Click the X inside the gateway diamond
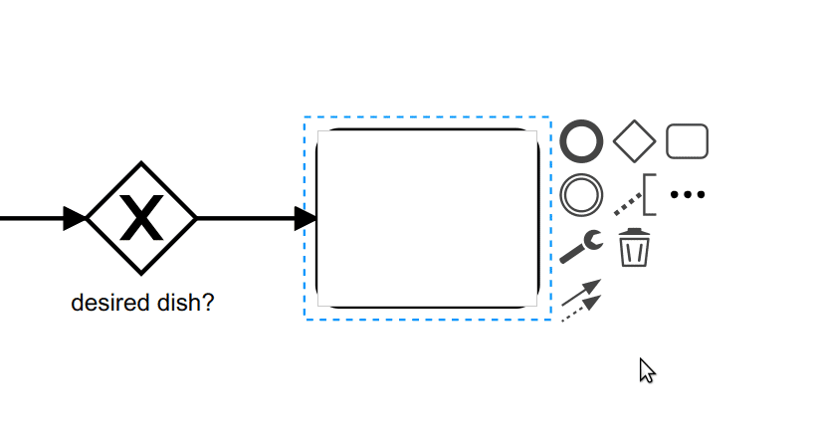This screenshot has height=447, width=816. tap(141, 219)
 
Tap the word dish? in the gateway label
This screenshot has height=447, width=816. tap(187, 303)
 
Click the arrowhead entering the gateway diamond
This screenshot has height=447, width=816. tap(76, 218)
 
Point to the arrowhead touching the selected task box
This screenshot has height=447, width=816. tap(306, 218)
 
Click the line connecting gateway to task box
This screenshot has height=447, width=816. tap(244, 218)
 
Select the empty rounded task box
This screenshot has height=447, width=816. tap(427, 218)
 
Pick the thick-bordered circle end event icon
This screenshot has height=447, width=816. tap(581, 142)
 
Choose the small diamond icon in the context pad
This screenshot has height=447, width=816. tap(634, 142)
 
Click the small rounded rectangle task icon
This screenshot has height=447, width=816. tap(687, 141)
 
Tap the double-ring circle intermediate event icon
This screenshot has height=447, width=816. tap(581, 194)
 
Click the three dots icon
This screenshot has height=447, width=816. tap(688, 195)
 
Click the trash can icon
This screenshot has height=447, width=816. tap(634, 247)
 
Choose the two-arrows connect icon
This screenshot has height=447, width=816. tap(582, 300)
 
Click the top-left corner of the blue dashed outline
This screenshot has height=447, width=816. tap(306, 117)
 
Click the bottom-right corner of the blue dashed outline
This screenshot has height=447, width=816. tap(550, 320)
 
